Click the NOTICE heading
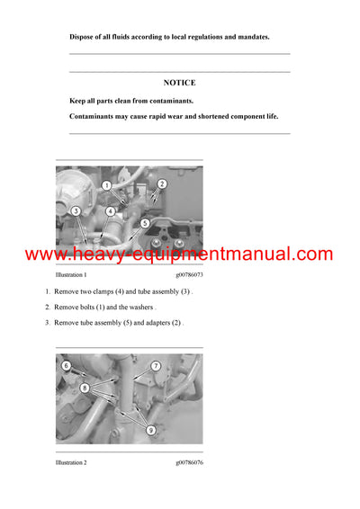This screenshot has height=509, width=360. pyautogui.click(x=179, y=82)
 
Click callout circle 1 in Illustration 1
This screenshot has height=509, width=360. pyautogui.click(x=105, y=185)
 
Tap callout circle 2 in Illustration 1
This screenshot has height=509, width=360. pyautogui.click(x=162, y=184)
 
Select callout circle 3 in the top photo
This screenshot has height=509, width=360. pyautogui.click(x=76, y=211)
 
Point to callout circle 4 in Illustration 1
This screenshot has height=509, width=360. pyautogui.click(x=110, y=211)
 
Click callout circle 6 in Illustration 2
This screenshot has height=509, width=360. pyautogui.click(x=66, y=366)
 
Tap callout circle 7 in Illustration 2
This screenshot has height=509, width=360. pyautogui.click(x=155, y=366)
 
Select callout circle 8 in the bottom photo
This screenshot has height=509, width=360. pyautogui.click(x=84, y=388)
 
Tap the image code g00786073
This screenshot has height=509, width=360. pyautogui.click(x=189, y=274)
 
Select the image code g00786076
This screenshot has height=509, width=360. pyautogui.click(x=189, y=462)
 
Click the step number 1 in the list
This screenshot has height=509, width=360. pyautogui.click(x=48, y=293)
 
